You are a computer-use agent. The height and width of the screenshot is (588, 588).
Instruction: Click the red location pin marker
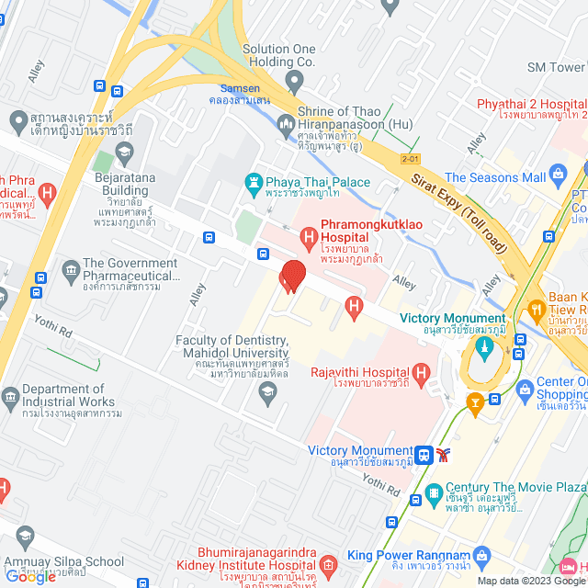tap(292, 276)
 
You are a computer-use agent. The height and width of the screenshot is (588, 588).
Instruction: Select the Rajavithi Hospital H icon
tap(421, 373)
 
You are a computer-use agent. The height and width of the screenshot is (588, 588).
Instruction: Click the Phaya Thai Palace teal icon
tap(253, 184)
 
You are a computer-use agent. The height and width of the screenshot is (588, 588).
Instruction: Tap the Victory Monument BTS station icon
tap(424, 453)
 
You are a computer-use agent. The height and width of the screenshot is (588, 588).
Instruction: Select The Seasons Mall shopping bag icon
tap(557, 174)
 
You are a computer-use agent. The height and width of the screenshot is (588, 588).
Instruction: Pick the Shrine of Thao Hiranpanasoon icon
tap(286, 122)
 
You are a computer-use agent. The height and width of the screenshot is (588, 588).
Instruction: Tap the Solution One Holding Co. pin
tap(294, 83)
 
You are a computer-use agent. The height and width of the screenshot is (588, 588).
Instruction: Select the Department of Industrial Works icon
tap(10, 397)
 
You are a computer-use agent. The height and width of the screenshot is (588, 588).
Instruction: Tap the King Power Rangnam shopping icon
tap(484, 557)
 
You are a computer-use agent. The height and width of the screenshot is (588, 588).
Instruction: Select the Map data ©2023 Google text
tap(528, 580)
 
